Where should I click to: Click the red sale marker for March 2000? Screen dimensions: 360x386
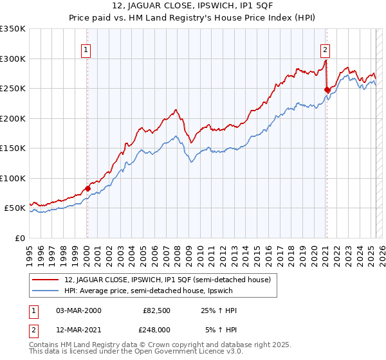coord(87,188)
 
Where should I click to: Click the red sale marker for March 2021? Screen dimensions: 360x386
coord(326,89)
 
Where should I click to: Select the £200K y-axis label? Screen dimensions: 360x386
coord(12,118)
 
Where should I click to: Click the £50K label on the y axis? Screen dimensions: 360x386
coord(15,208)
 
